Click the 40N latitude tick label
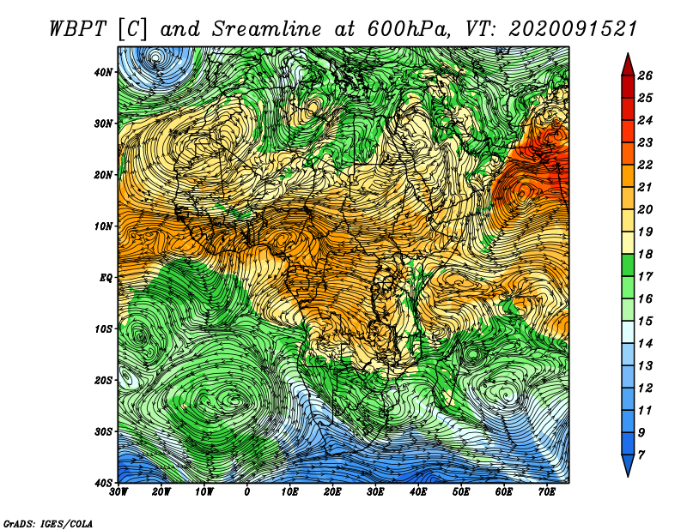click(103, 72)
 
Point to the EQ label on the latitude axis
click(106, 278)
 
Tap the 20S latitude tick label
click(103, 380)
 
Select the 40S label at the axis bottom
click(103, 483)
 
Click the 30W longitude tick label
click(119, 492)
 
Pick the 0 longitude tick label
click(247, 492)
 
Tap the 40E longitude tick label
click(418, 492)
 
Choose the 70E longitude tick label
click(547, 492)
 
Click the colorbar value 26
click(645, 75)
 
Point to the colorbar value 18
click(645, 254)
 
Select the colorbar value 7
click(641, 455)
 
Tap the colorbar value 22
click(645, 165)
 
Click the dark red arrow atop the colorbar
click(628, 65)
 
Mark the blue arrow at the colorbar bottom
click(628, 466)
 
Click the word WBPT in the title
click(77, 30)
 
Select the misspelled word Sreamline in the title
click(267, 30)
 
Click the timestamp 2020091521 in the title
click(573, 30)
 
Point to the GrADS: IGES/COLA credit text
click(48, 524)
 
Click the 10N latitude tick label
click(103, 226)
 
